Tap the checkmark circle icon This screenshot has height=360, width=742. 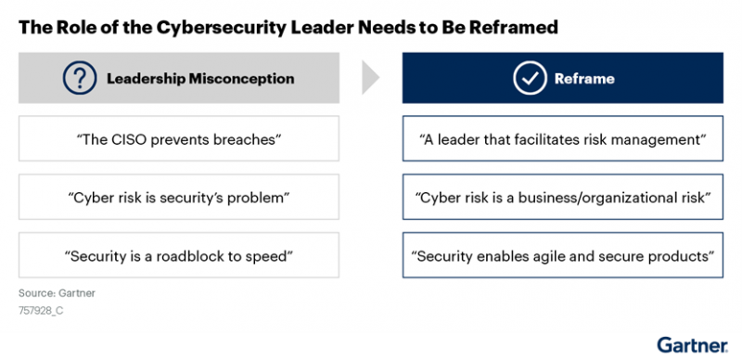(531, 78)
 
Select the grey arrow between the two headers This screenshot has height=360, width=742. (370, 78)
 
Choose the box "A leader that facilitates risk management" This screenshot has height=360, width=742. (563, 139)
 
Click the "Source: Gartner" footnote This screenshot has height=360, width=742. (57, 294)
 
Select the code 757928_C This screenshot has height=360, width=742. (44, 312)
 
